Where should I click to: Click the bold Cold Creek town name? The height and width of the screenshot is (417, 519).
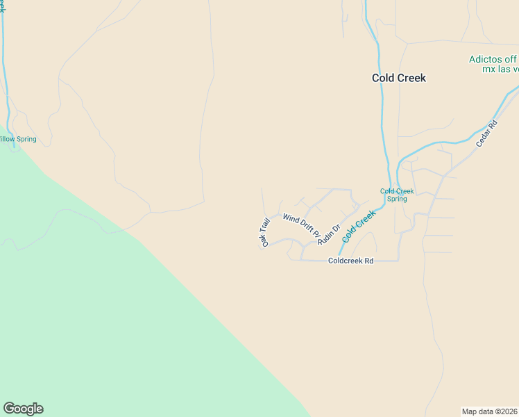(399, 78)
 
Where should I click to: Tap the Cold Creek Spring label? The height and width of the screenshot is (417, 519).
(397, 195)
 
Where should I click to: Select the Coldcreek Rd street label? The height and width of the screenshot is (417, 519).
(351, 261)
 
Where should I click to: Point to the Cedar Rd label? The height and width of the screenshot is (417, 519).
(487, 134)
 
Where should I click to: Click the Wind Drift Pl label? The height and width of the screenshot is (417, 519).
(299, 224)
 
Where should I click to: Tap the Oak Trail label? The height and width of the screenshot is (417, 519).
(264, 232)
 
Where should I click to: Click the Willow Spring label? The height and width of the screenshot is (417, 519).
(17, 139)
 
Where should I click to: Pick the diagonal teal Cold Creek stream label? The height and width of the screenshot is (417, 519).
(359, 226)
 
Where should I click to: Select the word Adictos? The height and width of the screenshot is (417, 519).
(484, 60)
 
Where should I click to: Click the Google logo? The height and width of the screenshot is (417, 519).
(23, 409)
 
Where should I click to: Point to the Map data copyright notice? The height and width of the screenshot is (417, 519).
(490, 411)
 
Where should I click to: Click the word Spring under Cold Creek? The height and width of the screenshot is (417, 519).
(397, 199)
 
